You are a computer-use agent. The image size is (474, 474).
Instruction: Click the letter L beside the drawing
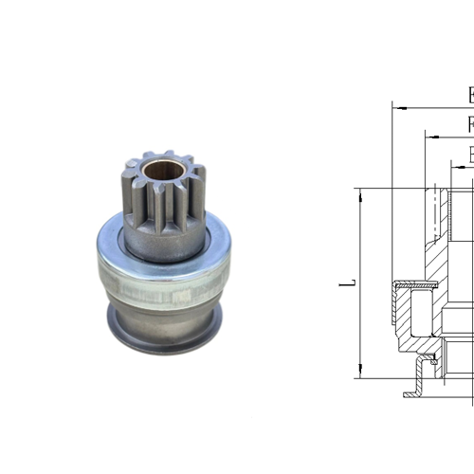pyautogui.click(x=350, y=283)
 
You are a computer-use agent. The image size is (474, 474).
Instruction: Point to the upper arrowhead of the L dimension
pyautogui.click(x=360, y=191)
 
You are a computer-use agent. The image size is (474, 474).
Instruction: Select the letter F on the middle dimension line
pyautogui.click(x=470, y=124)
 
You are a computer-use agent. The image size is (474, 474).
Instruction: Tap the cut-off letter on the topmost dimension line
pyautogui.click(x=470, y=95)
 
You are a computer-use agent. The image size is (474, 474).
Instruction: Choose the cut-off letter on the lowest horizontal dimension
pyautogui.click(x=470, y=155)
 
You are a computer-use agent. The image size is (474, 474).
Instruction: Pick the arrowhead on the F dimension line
pyautogui.click(x=428, y=137)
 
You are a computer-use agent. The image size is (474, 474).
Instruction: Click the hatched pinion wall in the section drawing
pyautogui.click(x=437, y=237)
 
